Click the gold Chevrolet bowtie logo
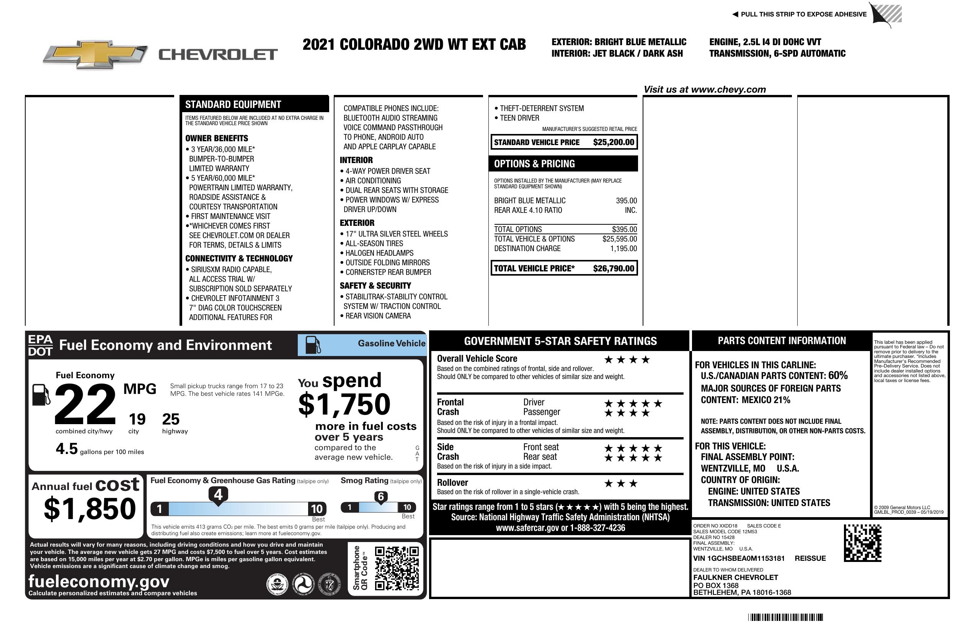point(95,54)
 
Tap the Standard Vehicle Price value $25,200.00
point(613,142)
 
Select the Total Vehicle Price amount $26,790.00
point(613,269)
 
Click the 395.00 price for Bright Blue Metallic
point(626,201)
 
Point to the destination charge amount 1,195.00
point(623,248)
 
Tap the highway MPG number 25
point(171,419)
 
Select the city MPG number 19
point(137,419)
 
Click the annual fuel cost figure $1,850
point(90,509)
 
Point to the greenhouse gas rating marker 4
point(218,495)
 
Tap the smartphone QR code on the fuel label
point(397,568)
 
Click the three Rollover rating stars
point(621,483)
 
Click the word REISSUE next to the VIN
point(810,558)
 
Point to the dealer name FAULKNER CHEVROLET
point(735,578)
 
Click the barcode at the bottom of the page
point(785,617)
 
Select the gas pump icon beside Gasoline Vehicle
point(312,345)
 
